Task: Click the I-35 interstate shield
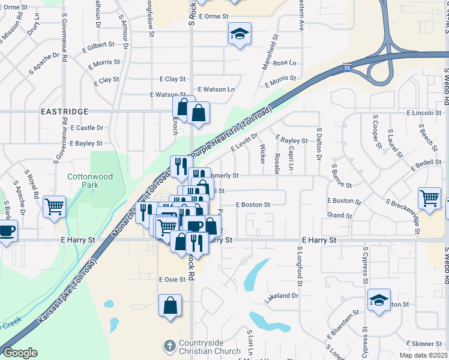pos(346,65)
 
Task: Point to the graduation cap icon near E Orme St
pos(240,34)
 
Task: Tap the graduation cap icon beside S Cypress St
pos(379,299)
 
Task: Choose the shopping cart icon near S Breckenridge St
pos(429,197)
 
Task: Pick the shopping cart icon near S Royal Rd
pos(55,206)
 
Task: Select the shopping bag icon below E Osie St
pos(170,304)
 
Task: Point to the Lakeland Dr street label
pos(282,296)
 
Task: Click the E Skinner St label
pos(427,344)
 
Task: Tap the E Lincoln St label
pos(423,113)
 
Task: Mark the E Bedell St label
pos(426,163)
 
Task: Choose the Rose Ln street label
pos(285,63)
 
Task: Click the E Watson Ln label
pos(218,89)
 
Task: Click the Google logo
pos(20,353)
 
